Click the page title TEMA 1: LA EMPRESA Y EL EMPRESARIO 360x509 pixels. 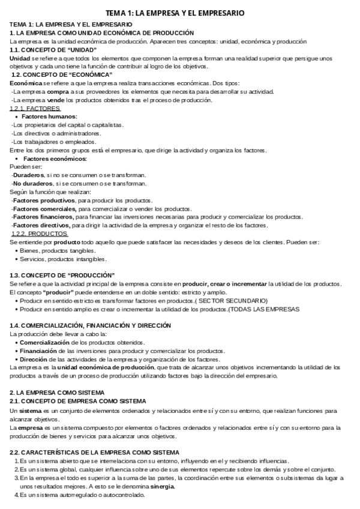tap(179, 13)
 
